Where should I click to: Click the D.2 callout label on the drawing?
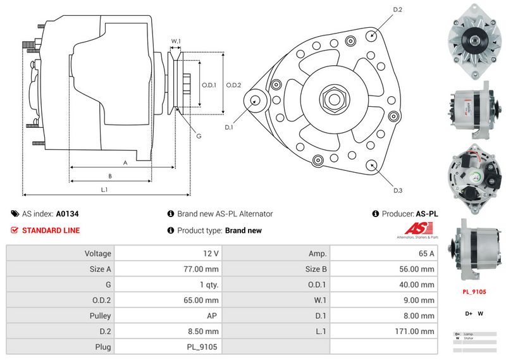coord(398,9)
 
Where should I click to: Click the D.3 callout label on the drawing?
coord(398,190)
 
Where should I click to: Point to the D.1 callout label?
coord(229,127)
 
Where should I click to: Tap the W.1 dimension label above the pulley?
coord(176,42)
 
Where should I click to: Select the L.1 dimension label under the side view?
coord(104,189)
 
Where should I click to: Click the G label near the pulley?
coord(198,136)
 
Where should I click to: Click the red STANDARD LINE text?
coord(51,230)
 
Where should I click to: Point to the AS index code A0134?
coord(67,214)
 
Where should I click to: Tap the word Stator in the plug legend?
coord(469,338)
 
